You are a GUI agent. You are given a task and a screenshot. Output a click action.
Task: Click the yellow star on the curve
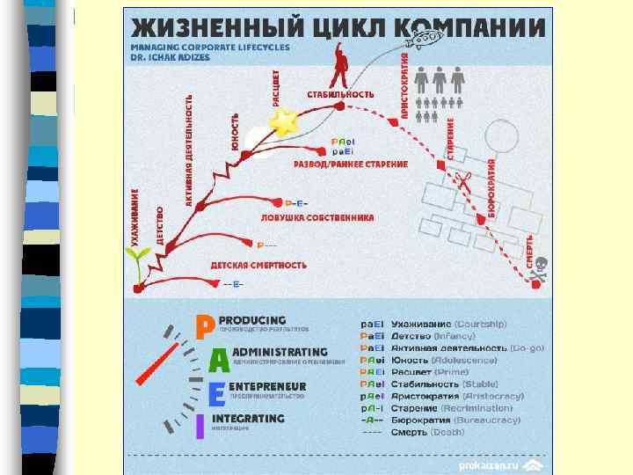pos(284,123)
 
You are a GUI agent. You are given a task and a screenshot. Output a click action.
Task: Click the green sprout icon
pos(138,261)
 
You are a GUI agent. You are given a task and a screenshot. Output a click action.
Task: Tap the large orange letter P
pos(204,327)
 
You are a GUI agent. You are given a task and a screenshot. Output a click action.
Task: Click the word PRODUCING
pos(252,320)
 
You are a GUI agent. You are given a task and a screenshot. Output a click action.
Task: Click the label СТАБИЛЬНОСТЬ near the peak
pos(341,92)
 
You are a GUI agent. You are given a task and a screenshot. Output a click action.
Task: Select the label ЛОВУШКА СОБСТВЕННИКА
pos(311,216)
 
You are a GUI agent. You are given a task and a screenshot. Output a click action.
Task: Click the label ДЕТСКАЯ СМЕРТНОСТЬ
pos(258,264)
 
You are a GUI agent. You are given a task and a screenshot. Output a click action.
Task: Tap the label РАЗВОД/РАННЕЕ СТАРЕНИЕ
pos(351,164)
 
